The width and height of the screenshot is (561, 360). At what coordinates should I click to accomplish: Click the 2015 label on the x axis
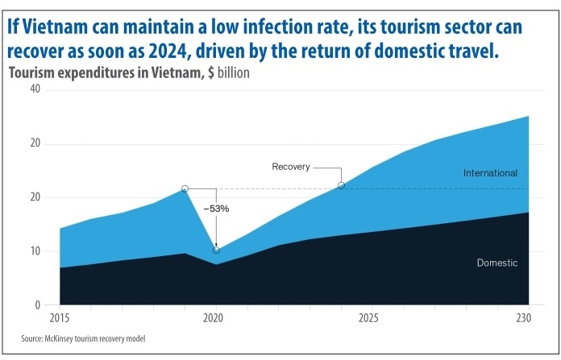coord(59,317)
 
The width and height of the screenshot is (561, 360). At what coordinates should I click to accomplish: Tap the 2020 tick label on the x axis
coord(214,317)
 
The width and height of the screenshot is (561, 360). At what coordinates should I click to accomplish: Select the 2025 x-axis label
coord(368,317)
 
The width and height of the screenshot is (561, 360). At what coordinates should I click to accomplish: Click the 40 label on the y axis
coord(35,89)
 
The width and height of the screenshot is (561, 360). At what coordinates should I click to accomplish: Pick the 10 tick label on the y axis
coord(35,251)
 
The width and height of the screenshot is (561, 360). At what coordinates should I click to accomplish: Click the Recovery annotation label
coord(291,167)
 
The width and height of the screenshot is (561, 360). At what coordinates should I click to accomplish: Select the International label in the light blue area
coord(490,173)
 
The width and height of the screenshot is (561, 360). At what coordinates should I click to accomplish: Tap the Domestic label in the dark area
coord(497,263)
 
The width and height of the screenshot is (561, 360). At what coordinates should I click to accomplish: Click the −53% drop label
coord(216,209)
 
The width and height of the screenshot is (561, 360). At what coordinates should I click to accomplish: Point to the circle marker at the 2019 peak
coord(185,188)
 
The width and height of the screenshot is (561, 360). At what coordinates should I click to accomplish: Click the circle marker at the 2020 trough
coord(216,250)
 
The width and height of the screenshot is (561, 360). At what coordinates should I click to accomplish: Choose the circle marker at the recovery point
coord(342,185)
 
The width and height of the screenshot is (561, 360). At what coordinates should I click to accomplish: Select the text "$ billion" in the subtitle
coord(227,73)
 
